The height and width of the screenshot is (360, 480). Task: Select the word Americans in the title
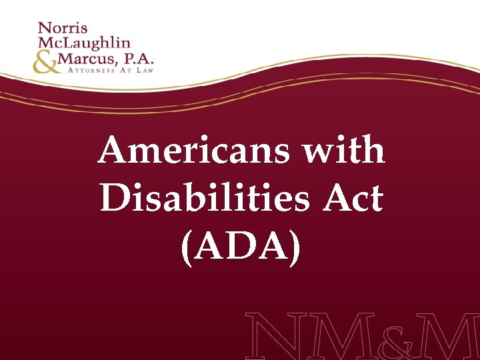click(193, 151)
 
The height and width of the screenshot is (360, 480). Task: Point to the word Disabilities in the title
click(200, 198)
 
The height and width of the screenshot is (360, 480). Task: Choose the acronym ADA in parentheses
click(241, 247)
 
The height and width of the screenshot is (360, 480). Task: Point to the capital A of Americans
click(113, 151)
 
